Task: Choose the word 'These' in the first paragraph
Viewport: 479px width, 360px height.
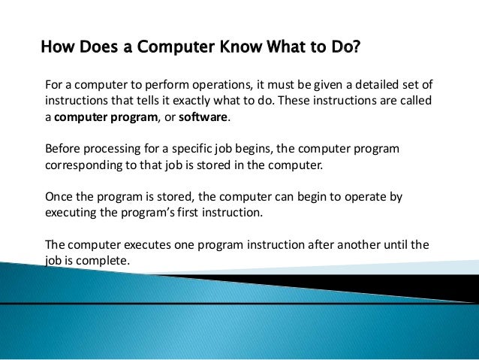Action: coord(296,101)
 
